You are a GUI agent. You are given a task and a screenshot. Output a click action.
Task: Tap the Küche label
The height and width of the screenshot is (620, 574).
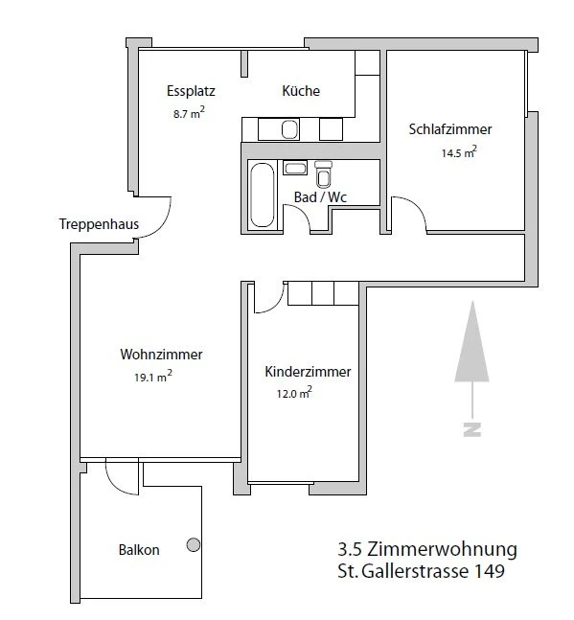click(301, 92)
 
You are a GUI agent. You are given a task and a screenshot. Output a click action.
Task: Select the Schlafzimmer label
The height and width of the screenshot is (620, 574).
click(450, 129)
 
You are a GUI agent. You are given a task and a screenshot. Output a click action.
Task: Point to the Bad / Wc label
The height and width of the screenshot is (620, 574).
click(320, 197)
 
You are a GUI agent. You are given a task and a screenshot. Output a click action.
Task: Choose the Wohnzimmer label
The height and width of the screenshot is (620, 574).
click(162, 354)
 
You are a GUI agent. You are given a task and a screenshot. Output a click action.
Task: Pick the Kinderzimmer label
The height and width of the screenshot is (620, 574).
click(308, 372)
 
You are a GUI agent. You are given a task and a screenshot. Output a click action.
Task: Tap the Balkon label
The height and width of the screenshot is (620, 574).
click(139, 550)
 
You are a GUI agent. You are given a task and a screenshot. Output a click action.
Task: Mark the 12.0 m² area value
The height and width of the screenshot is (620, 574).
click(293, 393)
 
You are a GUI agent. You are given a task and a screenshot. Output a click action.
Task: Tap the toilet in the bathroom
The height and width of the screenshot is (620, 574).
click(323, 174)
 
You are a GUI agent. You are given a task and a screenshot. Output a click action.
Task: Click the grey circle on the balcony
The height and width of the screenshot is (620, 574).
click(194, 545)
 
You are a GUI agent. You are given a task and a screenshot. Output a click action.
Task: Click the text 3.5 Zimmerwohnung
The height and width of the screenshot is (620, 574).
click(427, 550)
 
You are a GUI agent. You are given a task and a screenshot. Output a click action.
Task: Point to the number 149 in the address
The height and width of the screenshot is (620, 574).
click(487, 573)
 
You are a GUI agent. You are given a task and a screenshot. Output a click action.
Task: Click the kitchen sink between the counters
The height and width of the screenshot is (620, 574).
click(291, 128)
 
